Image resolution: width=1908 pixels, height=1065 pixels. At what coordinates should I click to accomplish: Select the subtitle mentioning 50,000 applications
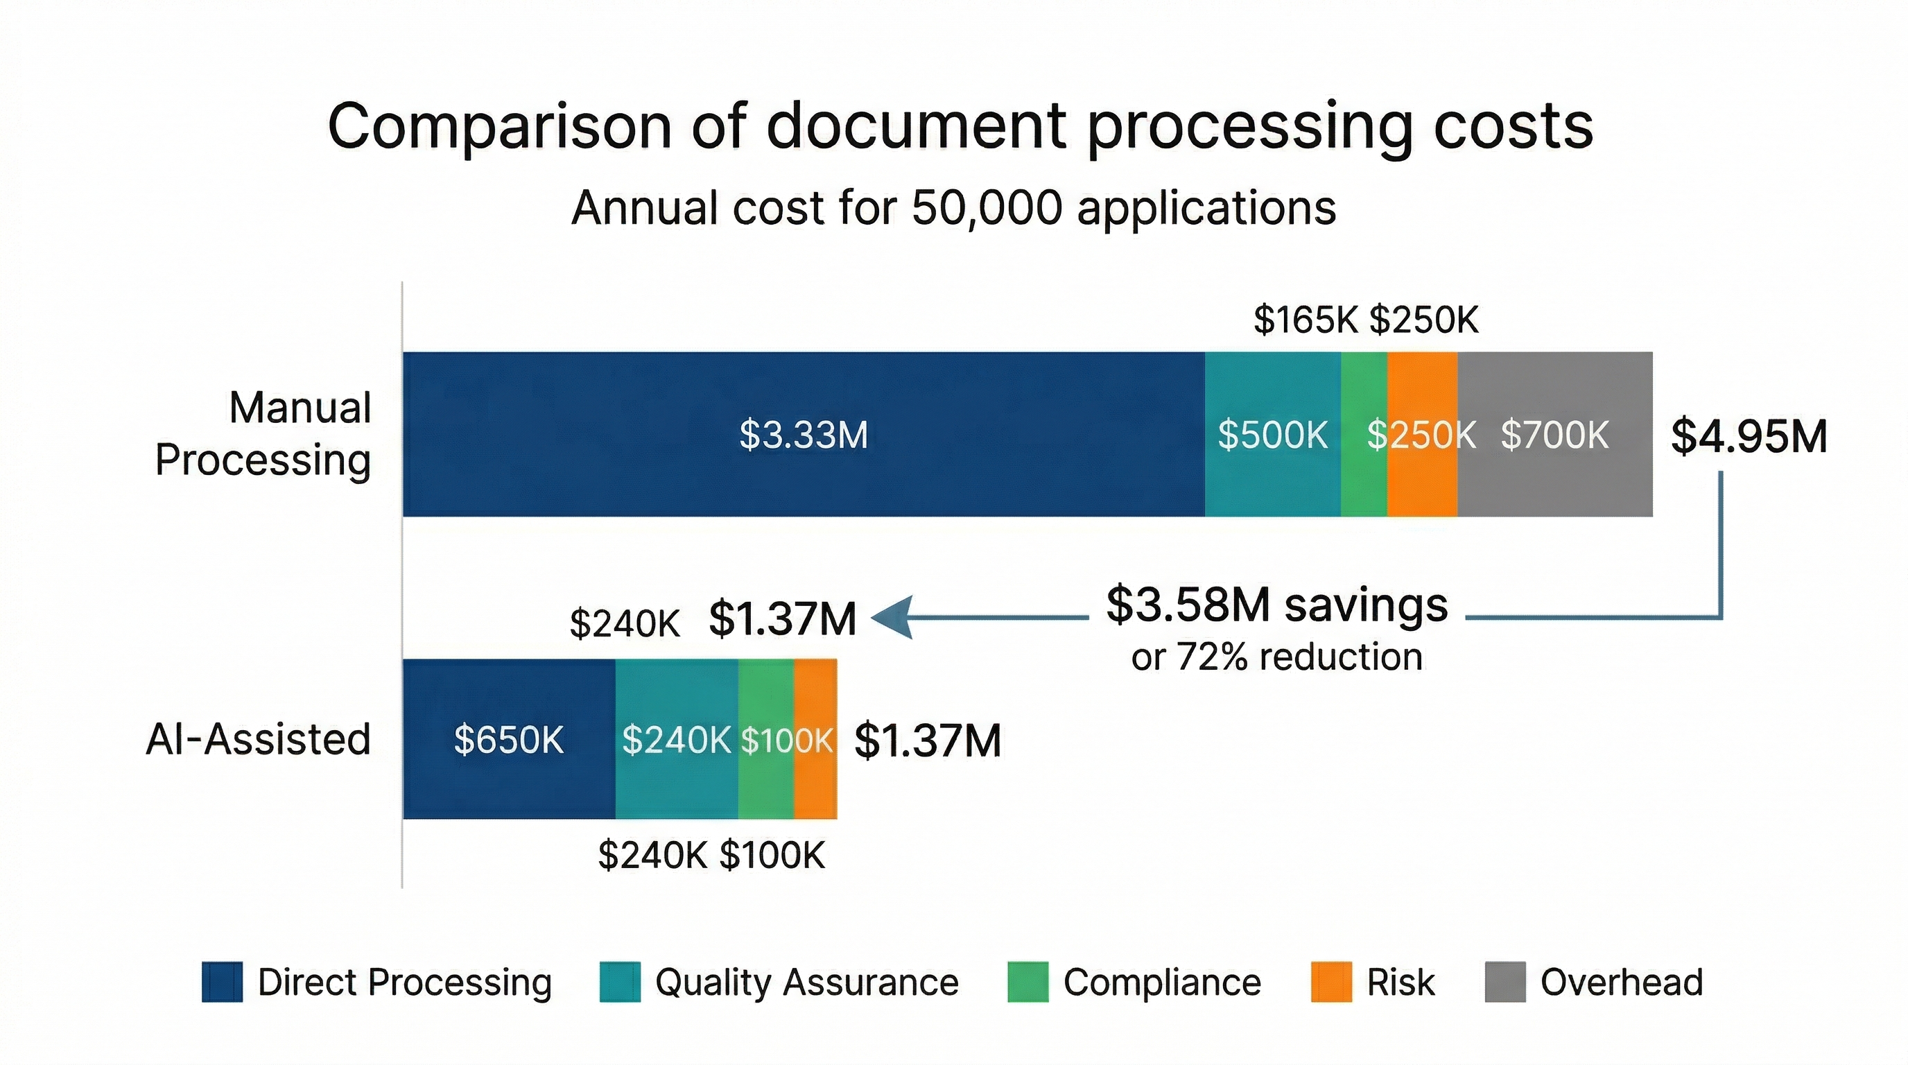click(953, 207)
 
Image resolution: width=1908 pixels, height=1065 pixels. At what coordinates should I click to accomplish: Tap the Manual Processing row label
click(263, 434)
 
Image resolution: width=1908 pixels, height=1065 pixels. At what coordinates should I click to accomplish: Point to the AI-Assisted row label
click(259, 739)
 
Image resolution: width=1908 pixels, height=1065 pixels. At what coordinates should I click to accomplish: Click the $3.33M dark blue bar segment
click(804, 434)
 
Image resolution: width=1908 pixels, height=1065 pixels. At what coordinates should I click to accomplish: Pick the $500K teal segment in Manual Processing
click(1272, 434)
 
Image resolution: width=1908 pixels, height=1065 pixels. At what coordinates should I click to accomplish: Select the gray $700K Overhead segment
click(1554, 434)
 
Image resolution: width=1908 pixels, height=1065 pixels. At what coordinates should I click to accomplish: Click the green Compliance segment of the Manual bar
click(1364, 474)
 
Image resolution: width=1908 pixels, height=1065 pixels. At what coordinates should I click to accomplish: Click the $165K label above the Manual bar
click(1306, 320)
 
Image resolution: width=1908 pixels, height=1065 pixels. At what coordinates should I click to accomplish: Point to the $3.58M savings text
click(1276, 606)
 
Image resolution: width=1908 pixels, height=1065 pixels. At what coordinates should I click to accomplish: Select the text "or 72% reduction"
click(1276, 657)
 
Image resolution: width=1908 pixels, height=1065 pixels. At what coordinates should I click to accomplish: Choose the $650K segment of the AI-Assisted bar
click(509, 739)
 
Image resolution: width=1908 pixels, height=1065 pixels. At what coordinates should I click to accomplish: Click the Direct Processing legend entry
click(376, 982)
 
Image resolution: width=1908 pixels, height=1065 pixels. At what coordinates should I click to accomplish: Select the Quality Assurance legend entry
click(779, 982)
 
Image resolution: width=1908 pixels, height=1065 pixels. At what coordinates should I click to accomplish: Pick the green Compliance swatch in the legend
click(1027, 982)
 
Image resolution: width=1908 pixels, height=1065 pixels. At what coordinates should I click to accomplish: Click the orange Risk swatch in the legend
click(1330, 982)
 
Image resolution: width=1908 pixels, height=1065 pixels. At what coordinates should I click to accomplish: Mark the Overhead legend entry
click(1594, 982)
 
